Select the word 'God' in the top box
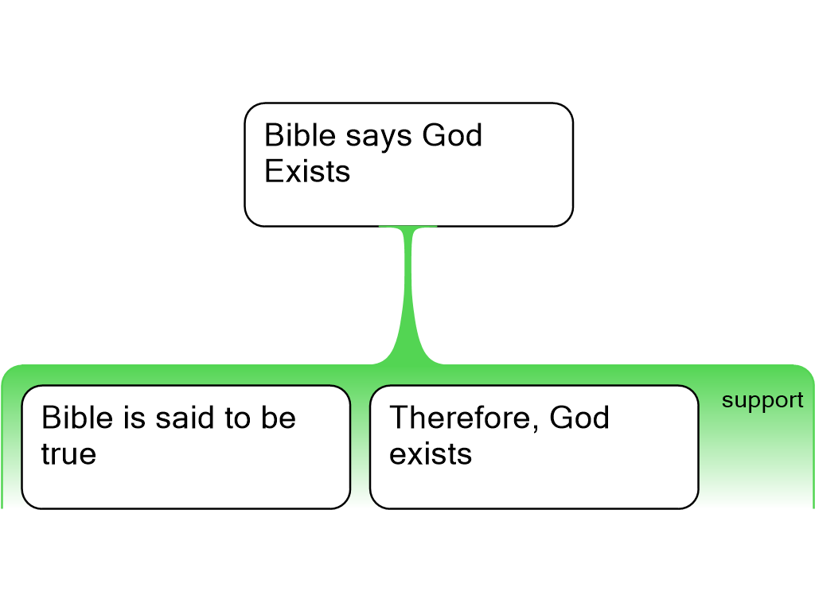click(452, 135)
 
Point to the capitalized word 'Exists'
click(307, 172)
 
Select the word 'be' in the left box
click(278, 417)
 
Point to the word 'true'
click(68, 454)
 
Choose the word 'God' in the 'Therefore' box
click(579, 417)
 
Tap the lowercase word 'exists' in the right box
click(431, 453)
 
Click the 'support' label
click(762, 401)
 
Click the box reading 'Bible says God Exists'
click(408, 165)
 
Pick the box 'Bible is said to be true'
click(185, 447)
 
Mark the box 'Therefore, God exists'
click(534, 447)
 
